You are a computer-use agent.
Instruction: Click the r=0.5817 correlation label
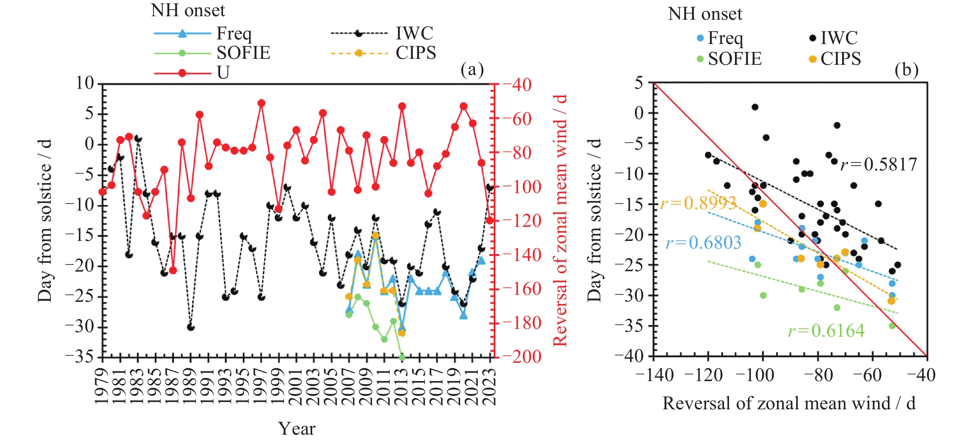point(878,165)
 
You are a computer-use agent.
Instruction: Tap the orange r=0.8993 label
point(698,204)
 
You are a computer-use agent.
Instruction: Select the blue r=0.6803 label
point(703,243)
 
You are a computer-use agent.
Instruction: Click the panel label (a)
point(472,70)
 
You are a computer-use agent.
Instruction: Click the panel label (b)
point(906,70)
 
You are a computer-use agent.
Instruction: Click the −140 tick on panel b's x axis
point(654,375)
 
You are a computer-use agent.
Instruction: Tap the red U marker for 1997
point(261,103)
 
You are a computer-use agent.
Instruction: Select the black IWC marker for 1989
point(191,327)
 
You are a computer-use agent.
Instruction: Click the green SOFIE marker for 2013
point(402,357)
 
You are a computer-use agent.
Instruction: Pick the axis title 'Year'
point(297,429)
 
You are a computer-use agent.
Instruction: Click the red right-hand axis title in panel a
point(560,220)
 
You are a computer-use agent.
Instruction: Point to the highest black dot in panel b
point(755,107)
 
